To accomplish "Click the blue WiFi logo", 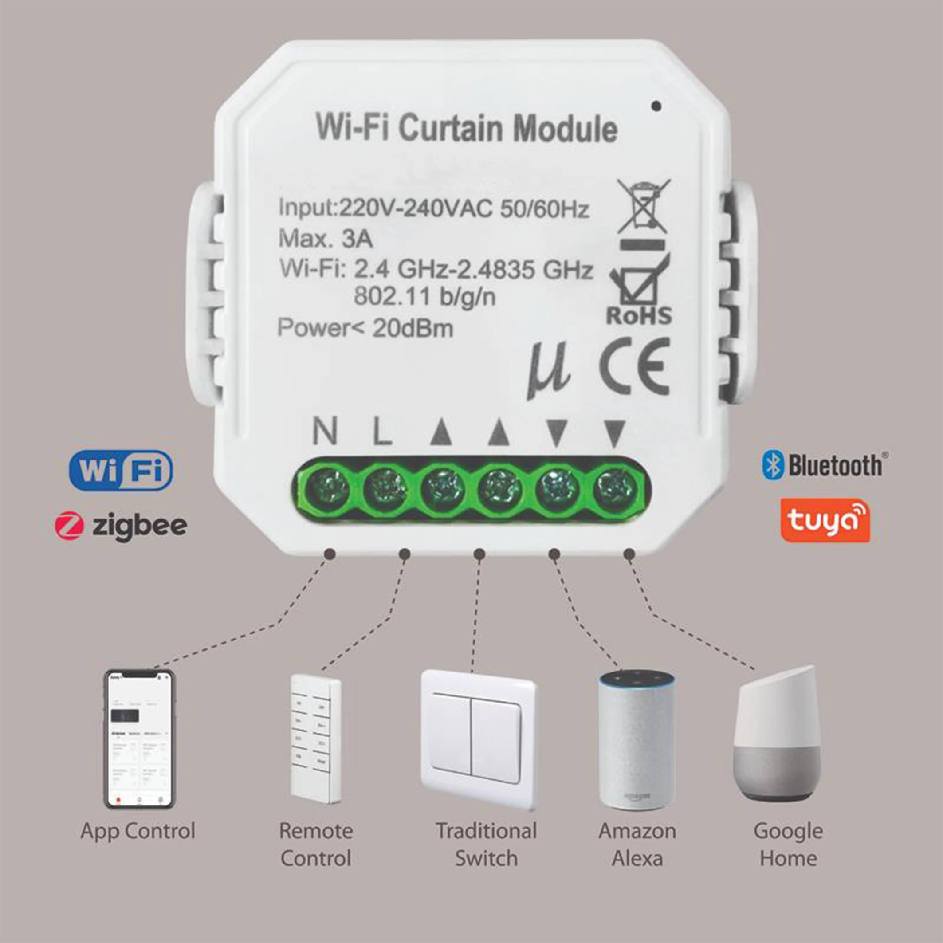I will pos(121,471).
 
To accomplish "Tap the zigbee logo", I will pos(121,526).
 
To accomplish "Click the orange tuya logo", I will pos(825,520).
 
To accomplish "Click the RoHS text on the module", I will pos(638,316).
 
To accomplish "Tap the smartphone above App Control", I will pos(140,739).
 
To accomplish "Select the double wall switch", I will pos(478,739).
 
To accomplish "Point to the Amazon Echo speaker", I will pos(637,740).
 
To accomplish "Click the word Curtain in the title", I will pos(451,128).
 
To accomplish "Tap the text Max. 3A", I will pos(326,239).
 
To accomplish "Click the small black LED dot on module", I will pos(656,106).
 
